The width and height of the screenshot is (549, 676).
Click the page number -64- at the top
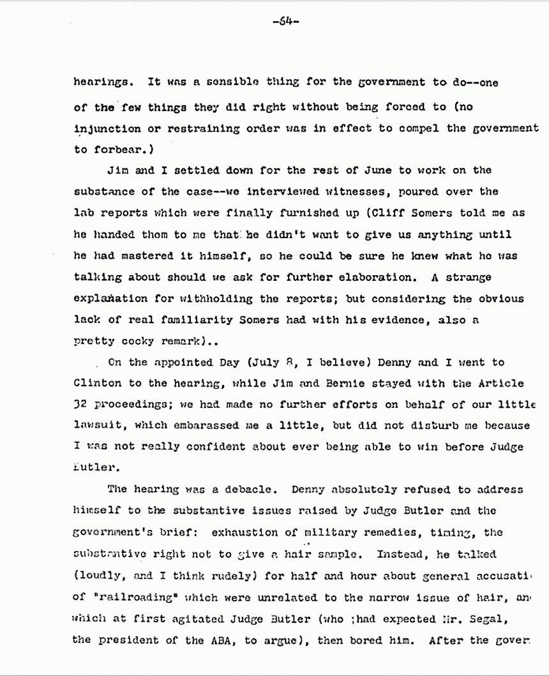[281, 21]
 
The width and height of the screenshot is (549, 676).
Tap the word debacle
[250, 490]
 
